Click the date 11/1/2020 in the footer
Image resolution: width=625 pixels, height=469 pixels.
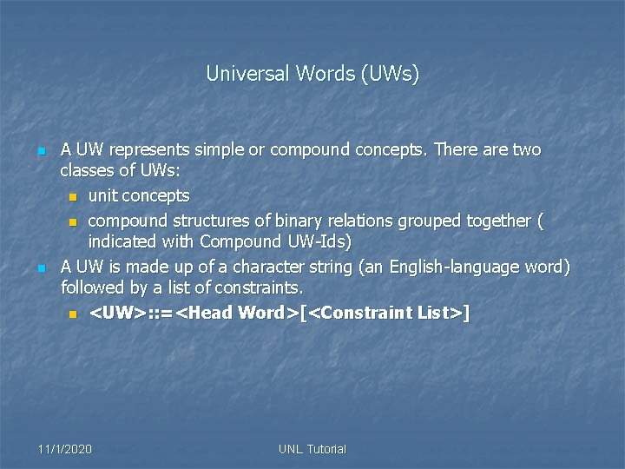point(65,449)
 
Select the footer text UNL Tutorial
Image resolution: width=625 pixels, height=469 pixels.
point(312,449)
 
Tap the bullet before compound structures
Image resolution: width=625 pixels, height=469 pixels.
point(73,221)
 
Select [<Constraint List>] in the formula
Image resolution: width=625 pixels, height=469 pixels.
point(385,312)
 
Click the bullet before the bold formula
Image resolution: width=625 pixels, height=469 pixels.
point(73,313)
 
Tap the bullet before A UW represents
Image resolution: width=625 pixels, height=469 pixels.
point(42,151)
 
